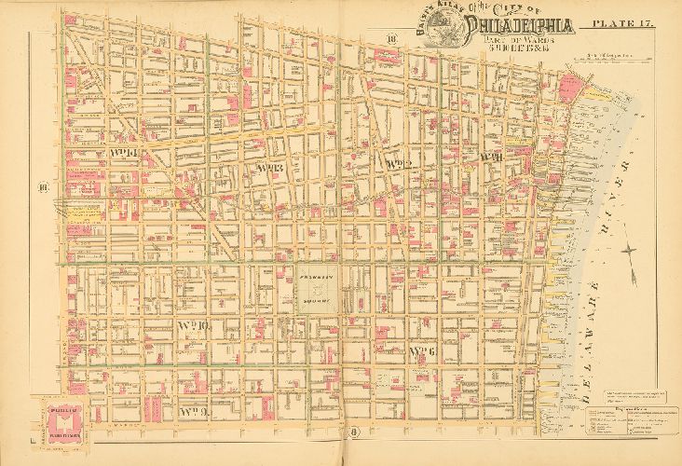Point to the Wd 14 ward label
point(124,151)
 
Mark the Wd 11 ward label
point(491,157)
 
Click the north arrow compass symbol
point(632,249)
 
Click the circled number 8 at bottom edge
point(354,432)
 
